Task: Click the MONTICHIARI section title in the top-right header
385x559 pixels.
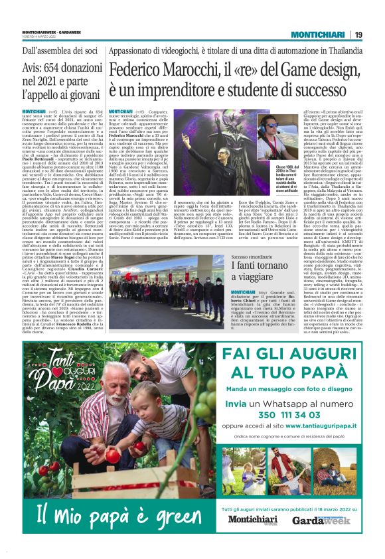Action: point(317,35)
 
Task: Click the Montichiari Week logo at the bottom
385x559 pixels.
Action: point(252,520)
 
